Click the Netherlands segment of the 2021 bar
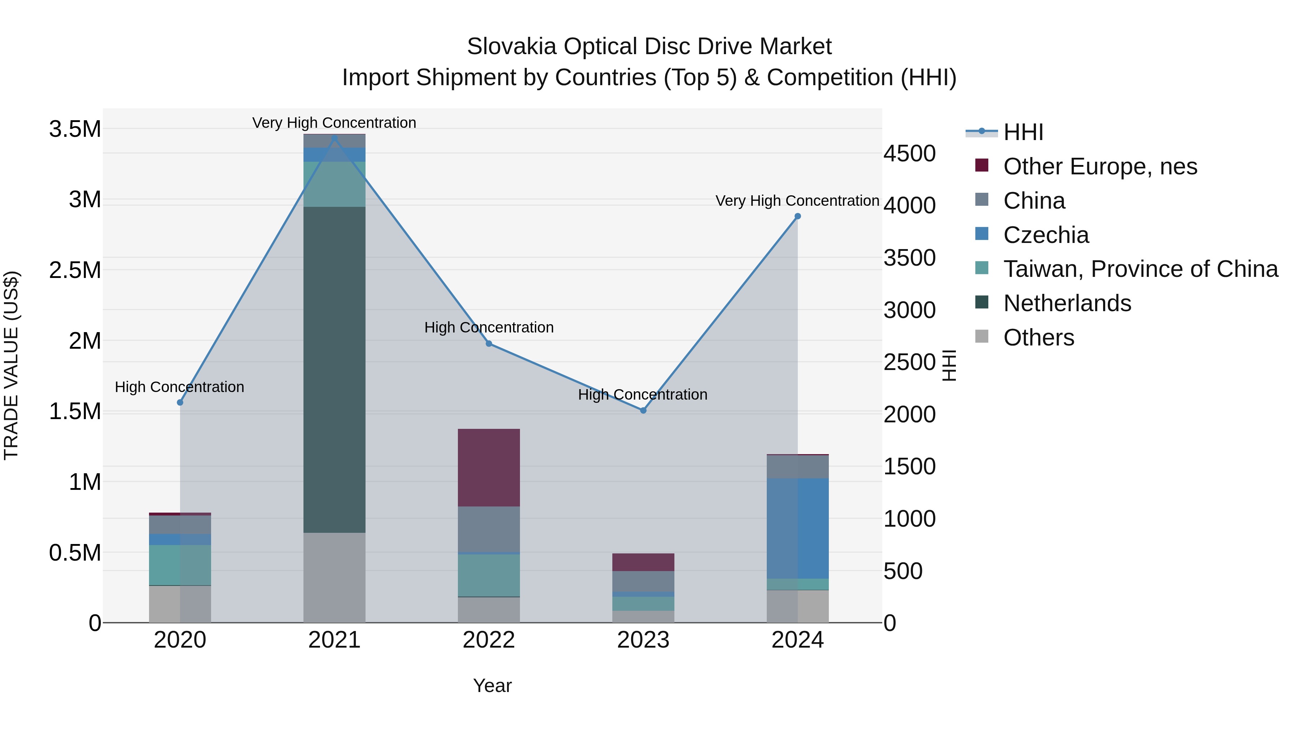pyautogui.click(x=334, y=369)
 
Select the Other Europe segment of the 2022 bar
pyautogui.click(x=489, y=467)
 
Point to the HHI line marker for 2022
pyautogui.click(x=489, y=344)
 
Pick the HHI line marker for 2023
pyautogui.click(x=643, y=410)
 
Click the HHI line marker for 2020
pyautogui.click(x=180, y=402)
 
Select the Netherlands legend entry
pyautogui.click(x=1067, y=303)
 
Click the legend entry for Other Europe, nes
pyautogui.click(x=1100, y=166)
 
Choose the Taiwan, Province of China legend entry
pyautogui.click(x=1140, y=269)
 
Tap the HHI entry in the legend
pyautogui.click(x=1023, y=132)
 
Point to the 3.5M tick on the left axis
pyautogui.click(x=75, y=129)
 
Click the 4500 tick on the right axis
pyautogui.click(x=909, y=153)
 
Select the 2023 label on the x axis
pyautogui.click(x=643, y=640)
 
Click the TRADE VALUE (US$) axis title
pyautogui.click(x=11, y=365)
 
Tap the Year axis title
pyautogui.click(x=492, y=686)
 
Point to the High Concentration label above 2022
pyautogui.click(x=489, y=327)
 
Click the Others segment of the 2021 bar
pyautogui.click(x=334, y=577)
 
